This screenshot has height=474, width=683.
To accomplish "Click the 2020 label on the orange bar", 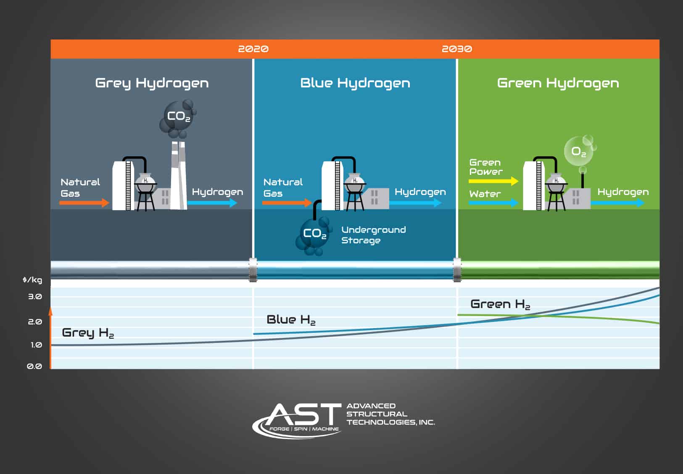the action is tap(253, 49).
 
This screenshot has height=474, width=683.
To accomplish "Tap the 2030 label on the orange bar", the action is tap(457, 49).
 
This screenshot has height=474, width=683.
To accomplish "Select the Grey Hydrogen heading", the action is tap(152, 83).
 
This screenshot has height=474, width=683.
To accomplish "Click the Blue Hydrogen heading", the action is tap(355, 83).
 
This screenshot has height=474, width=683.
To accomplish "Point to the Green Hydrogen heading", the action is tap(558, 83).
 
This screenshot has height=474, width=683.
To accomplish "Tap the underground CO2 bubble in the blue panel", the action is tap(313, 235).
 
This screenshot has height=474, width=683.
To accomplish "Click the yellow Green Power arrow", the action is tap(493, 181).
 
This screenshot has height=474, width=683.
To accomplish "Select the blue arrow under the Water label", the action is tap(493, 203).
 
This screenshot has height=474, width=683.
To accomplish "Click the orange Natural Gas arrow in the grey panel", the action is tap(84, 203).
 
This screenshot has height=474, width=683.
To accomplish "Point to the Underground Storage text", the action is tap(374, 235).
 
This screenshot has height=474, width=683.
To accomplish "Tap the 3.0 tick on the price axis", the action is tap(35, 296).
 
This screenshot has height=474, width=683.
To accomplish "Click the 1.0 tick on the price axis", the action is tap(36, 345).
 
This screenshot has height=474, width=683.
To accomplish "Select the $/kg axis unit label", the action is tap(32, 280).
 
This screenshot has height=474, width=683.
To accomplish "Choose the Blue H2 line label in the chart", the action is tap(291, 320).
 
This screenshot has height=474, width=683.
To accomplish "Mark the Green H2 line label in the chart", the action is tap(500, 304).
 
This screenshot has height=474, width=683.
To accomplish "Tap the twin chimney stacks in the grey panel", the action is tap(179, 175).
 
